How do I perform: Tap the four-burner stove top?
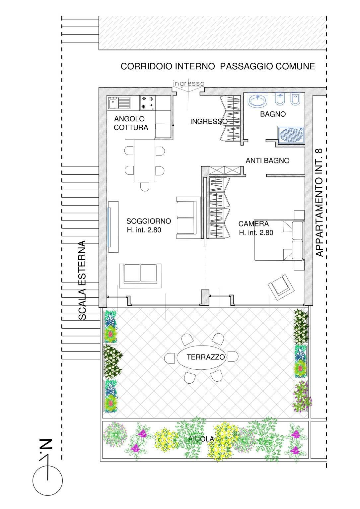point(147,102)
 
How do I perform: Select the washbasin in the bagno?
point(257,100)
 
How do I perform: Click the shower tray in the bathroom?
point(291,135)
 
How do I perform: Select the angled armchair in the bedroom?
point(281,286)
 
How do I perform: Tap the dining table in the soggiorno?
point(144,160)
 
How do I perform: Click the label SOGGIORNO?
point(149,221)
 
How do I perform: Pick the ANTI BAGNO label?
point(267,161)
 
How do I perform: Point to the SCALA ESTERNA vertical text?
point(82,280)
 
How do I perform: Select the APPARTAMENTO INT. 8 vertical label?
point(319,202)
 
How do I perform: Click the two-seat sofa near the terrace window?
point(141,274)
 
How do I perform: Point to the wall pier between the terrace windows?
point(205,297)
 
